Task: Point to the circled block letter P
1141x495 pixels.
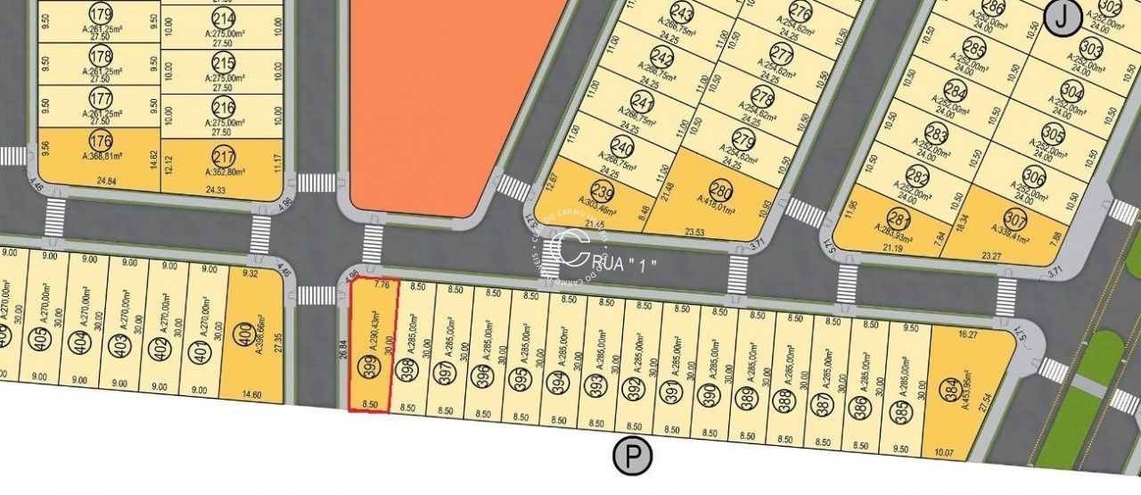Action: click(x=633, y=457)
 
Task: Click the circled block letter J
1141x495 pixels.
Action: click(x=1063, y=17)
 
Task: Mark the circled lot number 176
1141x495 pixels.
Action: click(x=102, y=140)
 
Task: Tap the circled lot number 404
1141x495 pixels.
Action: click(x=82, y=342)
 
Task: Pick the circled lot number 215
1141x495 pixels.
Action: click(x=224, y=63)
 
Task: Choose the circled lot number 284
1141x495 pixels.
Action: click(x=956, y=92)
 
